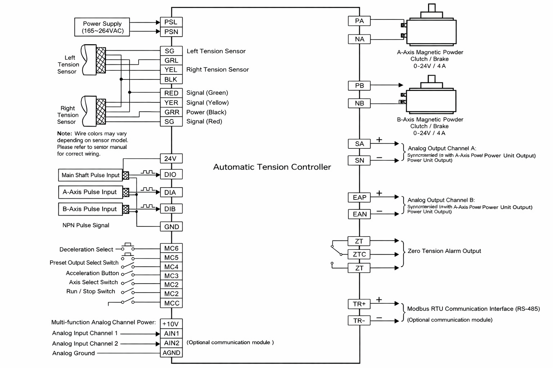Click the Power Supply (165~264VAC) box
coord(102,27)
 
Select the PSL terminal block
coord(171,22)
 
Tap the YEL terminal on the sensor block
coord(171,70)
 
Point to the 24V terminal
coord(171,158)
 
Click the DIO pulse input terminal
coord(171,175)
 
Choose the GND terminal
coord(171,227)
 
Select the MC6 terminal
coord(171,248)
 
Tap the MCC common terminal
coord(171,303)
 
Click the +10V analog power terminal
coord(171,324)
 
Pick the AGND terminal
coord(171,353)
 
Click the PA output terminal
coord(359,21)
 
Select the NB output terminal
coord(359,103)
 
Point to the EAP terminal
coord(359,198)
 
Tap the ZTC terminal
coord(359,254)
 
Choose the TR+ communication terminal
coord(359,304)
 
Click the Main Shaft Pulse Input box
coord(90,175)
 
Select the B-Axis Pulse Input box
coord(90,209)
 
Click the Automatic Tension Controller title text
coord(272,167)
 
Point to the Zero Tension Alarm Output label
coord(444,251)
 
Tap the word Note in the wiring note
coord(64,134)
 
